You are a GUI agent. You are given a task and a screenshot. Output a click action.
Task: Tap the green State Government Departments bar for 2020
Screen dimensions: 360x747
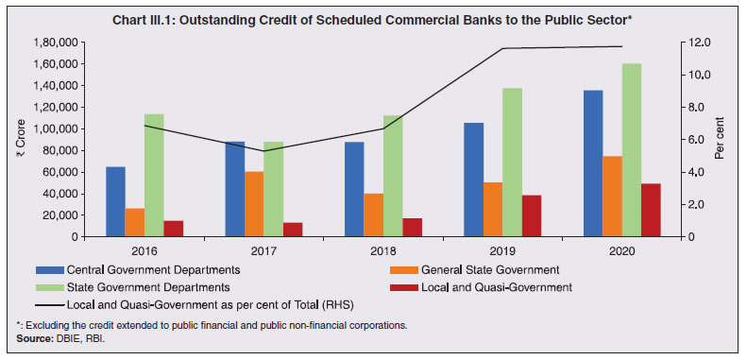[631, 150]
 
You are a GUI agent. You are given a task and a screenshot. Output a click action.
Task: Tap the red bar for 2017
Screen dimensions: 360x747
[294, 230]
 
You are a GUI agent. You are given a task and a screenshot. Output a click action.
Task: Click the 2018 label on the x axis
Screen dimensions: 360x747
[374, 250]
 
